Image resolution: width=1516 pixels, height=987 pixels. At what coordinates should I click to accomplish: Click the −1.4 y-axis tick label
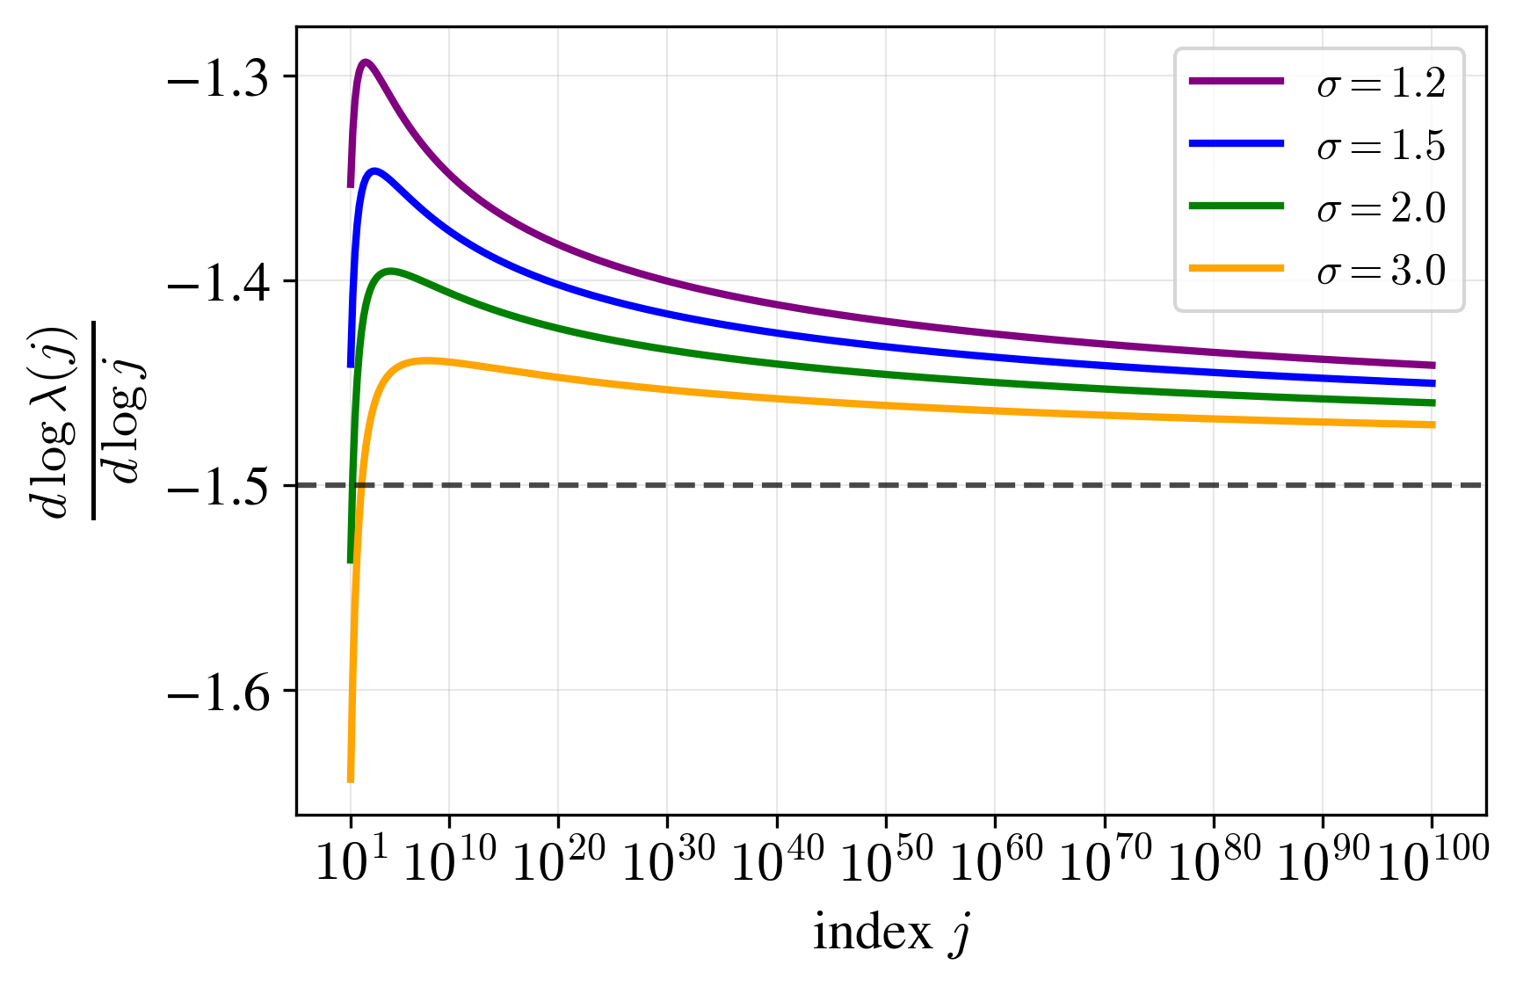(219, 282)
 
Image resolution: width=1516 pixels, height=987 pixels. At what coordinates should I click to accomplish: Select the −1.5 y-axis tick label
(219, 486)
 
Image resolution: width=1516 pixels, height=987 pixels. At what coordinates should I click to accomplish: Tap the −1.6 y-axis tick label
(219, 691)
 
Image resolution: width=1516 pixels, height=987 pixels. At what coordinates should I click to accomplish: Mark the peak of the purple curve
(365, 62)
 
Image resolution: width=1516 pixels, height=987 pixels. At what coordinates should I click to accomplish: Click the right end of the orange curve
(1433, 425)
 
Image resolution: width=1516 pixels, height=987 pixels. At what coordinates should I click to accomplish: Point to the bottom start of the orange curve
(351, 779)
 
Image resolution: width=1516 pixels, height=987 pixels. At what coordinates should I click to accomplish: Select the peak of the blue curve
(375, 171)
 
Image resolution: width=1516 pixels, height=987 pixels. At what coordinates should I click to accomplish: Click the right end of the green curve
(1433, 403)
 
